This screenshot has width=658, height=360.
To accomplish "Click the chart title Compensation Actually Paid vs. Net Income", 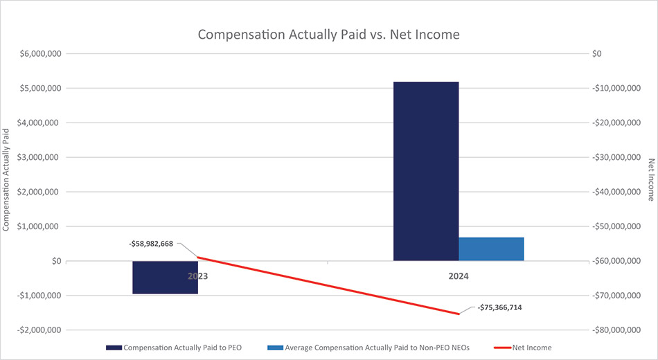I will point(328,35).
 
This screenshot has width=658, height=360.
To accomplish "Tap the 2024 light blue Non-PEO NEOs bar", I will point(491,249).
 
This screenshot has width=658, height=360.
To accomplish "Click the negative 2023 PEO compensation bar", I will point(165,277).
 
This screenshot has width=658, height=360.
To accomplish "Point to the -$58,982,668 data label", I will point(152,244).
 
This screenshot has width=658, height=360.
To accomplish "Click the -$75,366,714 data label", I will point(499,307).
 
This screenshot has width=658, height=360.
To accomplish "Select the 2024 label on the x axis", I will point(458,276).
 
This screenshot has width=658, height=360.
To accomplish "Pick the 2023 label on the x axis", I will point(197,276).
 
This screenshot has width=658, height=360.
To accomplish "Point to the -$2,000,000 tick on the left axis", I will point(37,330).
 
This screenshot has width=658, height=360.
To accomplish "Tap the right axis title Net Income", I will point(651,179).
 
